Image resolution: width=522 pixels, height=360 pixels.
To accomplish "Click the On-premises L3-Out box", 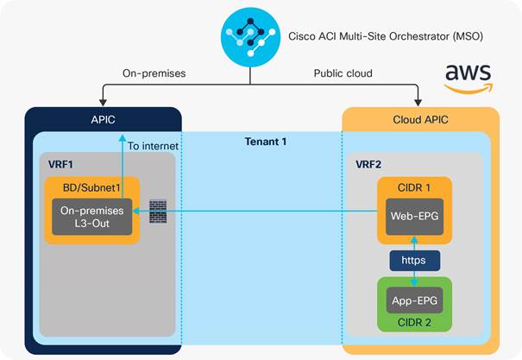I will tap(91, 218).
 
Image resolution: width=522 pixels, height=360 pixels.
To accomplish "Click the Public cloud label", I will tap(342, 74).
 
